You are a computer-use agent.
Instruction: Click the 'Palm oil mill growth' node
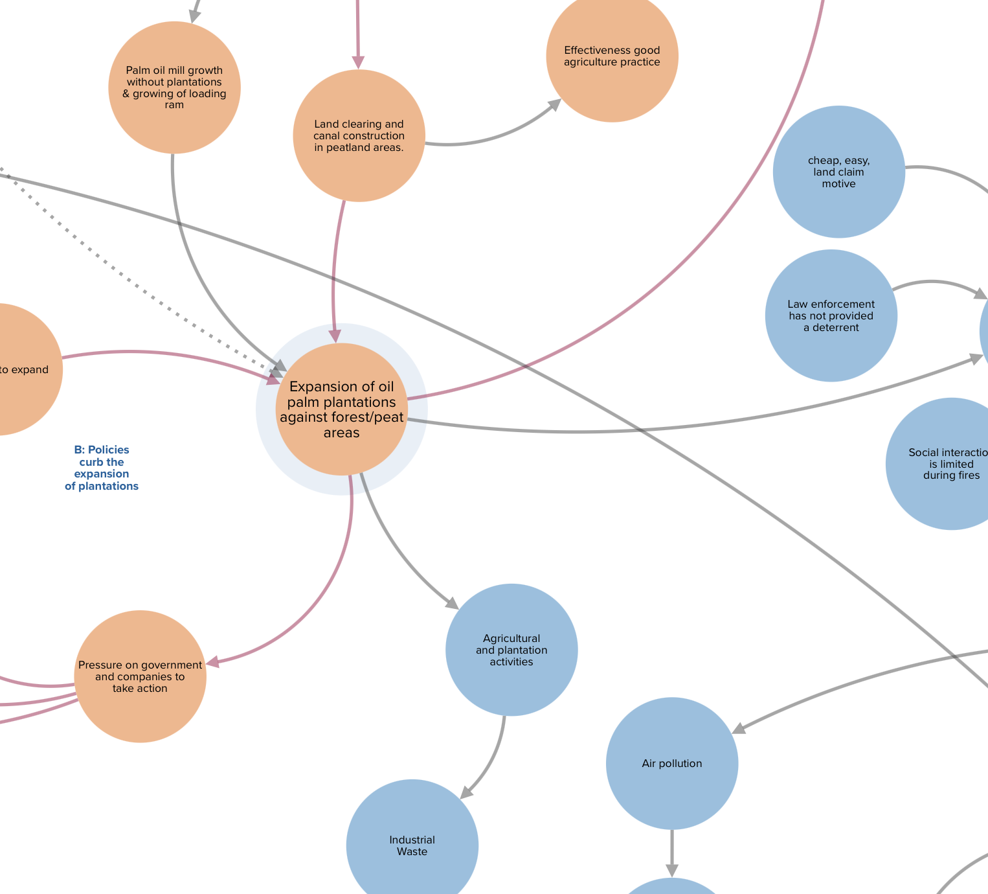point(174,87)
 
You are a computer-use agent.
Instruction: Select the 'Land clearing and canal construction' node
point(359,135)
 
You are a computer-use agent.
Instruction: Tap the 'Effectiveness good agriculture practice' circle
point(612,56)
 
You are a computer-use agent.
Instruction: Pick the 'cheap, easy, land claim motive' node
point(838,172)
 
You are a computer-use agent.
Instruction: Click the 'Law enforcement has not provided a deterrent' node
point(831,315)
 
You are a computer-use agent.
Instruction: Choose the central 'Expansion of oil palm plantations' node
point(341,409)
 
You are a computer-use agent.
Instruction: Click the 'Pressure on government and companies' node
point(140,676)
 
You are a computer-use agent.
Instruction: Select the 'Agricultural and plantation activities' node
point(511,650)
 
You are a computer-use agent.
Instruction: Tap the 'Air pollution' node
point(671,763)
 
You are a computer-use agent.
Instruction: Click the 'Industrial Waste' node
point(412,845)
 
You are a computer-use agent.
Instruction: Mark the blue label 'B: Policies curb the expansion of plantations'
point(102,468)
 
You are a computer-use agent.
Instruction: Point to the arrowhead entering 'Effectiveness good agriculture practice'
point(555,104)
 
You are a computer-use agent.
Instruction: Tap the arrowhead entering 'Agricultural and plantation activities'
point(451,603)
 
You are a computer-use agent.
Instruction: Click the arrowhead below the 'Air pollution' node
point(672,870)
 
